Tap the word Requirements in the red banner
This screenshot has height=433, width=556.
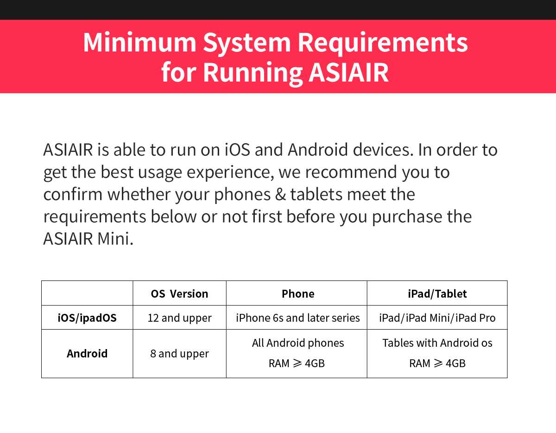tap(383, 44)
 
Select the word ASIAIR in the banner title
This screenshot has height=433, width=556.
tap(348, 72)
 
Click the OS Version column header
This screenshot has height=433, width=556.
tap(179, 294)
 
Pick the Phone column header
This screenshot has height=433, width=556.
tap(298, 294)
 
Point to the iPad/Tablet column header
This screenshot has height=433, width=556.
tap(437, 294)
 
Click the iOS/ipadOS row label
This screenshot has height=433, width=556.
tap(87, 318)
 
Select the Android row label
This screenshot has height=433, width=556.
tap(87, 353)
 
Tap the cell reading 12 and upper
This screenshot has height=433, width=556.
tap(180, 318)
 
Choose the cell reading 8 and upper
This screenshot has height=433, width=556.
tap(180, 354)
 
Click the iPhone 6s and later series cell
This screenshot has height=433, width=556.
tap(298, 318)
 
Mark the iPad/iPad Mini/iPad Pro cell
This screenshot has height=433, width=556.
tap(437, 318)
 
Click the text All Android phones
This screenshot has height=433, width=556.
tap(298, 343)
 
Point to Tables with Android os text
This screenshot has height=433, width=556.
tap(437, 343)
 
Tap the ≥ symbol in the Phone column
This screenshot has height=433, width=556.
tap(297, 363)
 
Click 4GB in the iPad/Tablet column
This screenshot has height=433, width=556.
tap(455, 363)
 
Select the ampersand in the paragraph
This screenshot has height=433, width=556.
tap(280, 194)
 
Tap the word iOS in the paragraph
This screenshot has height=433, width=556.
tap(237, 150)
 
